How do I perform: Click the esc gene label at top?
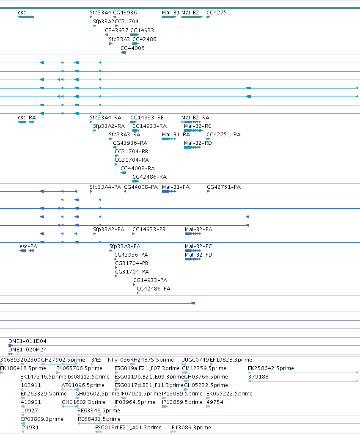click(22, 13)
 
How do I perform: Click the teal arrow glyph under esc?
click(26, 17)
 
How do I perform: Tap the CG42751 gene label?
click(218, 13)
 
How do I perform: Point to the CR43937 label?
click(116, 30)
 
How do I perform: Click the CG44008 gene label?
click(132, 48)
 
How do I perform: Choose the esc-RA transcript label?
click(27, 118)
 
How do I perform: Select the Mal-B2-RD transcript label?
click(198, 143)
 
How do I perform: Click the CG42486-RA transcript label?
click(149, 177)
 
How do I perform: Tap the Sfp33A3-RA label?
click(124, 135)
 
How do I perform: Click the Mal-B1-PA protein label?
click(176, 187)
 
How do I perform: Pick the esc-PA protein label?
click(28, 246)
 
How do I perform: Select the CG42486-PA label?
click(154, 289)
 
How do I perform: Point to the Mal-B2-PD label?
click(198, 255)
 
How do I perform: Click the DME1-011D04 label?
click(27, 341)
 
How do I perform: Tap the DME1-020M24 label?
click(27, 350)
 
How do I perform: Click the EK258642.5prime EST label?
click(271, 368)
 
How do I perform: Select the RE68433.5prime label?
click(99, 419)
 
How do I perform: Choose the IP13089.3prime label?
click(190, 428)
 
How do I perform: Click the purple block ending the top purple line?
click(193, 303)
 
